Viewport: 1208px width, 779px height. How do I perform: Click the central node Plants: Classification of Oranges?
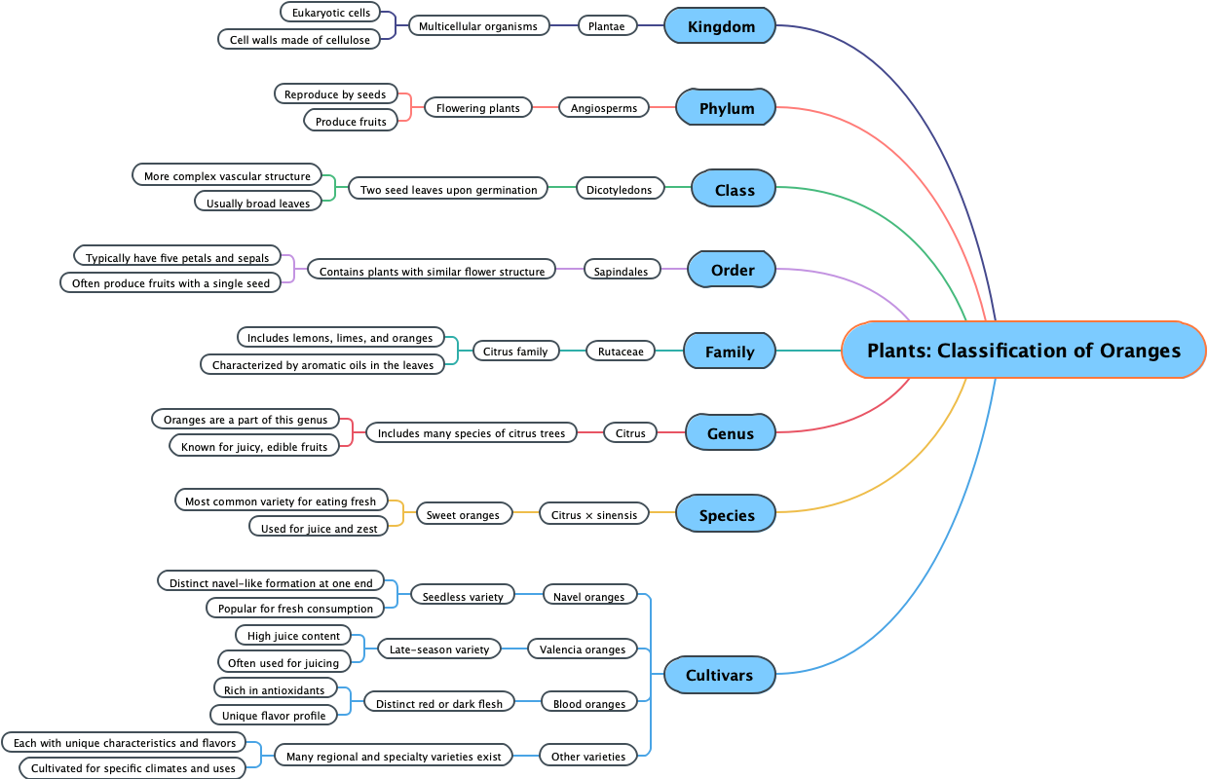[1023, 351]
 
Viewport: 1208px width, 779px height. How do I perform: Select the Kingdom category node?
[721, 26]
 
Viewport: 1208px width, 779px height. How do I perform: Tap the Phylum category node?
[727, 108]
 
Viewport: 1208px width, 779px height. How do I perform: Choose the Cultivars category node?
[719, 675]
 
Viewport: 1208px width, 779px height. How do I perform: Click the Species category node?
[727, 515]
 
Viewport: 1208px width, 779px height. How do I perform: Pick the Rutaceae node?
[621, 352]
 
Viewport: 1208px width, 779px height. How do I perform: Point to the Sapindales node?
[621, 271]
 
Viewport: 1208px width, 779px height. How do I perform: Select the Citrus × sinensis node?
[594, 514]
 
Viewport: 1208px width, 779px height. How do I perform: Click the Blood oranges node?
[588, 703]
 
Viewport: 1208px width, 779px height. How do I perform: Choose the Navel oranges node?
[588, 596]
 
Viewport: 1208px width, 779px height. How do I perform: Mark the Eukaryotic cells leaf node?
[330, 13]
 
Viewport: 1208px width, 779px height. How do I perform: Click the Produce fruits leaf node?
[351, 122]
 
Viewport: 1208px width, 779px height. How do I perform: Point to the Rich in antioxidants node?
[275, 689]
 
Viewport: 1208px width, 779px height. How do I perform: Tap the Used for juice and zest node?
[319, 528]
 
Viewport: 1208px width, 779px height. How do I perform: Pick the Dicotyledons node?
[619, 189]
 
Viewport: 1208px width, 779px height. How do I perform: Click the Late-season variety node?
[438, 649]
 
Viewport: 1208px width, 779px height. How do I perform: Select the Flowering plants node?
[478, 107]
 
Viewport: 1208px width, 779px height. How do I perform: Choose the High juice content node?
[293, 635]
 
